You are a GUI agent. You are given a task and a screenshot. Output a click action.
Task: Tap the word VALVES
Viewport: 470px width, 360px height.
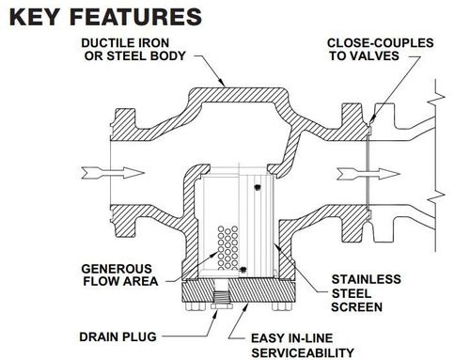click(x=384, y=55)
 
